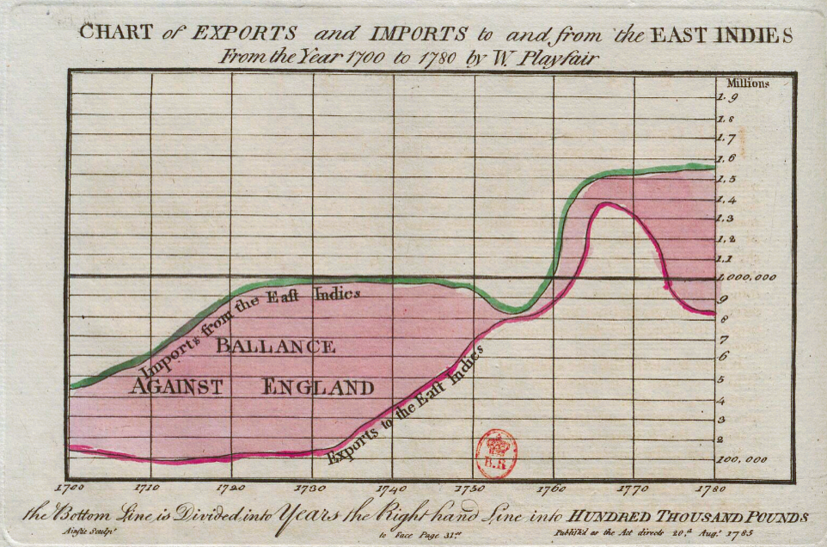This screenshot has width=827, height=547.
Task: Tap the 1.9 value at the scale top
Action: (726, 98)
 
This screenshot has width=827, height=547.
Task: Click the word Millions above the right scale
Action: (747, 83)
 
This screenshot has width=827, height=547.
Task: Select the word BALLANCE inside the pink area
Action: (274, 347)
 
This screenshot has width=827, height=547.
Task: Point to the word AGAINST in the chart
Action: (176, 387)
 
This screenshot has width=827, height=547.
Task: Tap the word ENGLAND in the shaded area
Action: (318, 387)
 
